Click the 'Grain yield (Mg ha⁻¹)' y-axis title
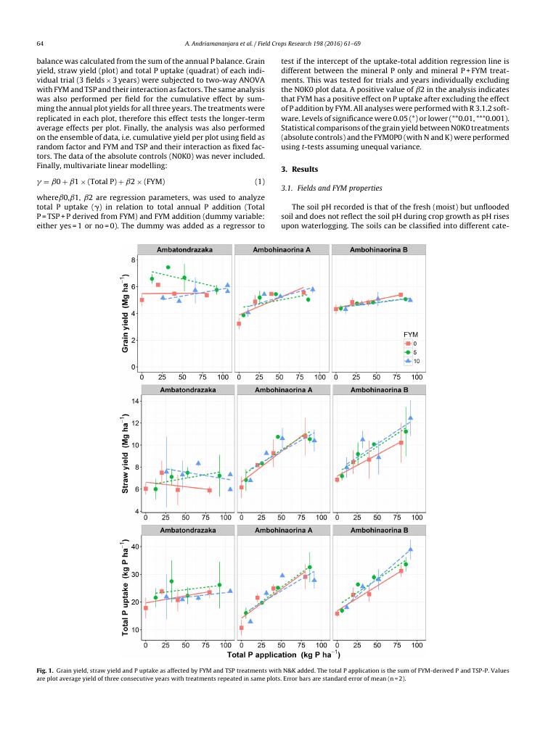[125, 313]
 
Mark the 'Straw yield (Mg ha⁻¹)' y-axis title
[125, 454]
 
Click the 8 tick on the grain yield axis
[134, 259]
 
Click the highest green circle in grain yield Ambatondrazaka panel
[168, 267]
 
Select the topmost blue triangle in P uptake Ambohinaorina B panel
[410, 549]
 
